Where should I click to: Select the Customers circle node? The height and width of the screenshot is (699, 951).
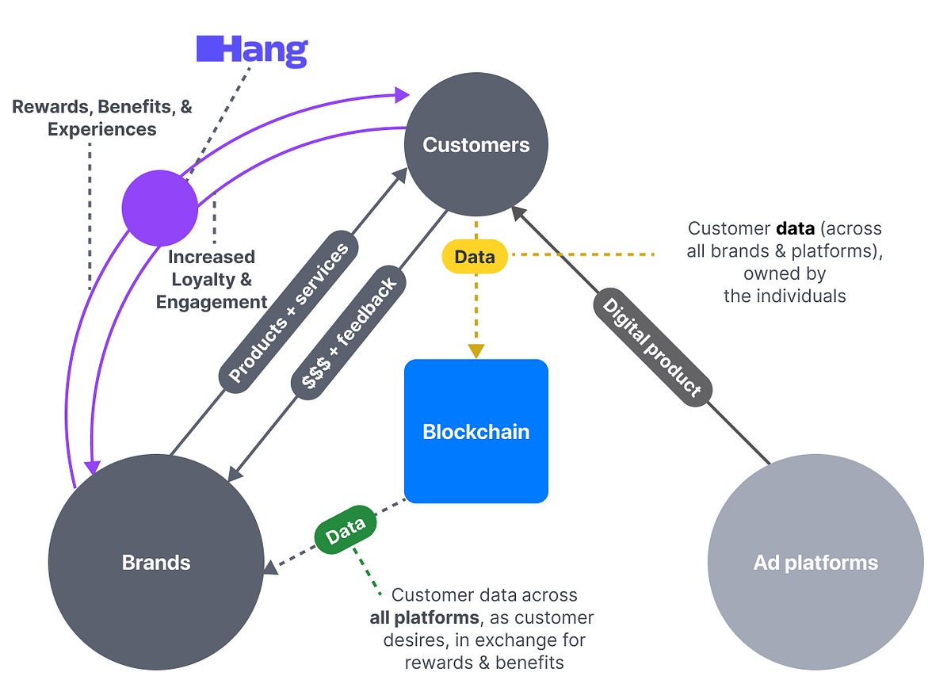pyautogui.click(x=475, y=145)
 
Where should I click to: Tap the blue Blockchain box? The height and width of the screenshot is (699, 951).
pyautogui.click(x=475, y=431)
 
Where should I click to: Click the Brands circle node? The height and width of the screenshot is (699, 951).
pyautogui.click(x=156, y=563)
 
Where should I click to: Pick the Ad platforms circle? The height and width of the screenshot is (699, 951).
pyautogui.click(x=815, y=563)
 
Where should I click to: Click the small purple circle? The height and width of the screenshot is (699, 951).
pyautogui.click(x=159, y=208)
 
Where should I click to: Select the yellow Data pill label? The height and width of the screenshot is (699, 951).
pyautogui.click(x=475, y=256)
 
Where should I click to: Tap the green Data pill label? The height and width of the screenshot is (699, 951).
pyautogui.click(x=346, y=529)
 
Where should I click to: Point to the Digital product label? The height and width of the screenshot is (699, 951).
pyautogui.click(x=651, y=346)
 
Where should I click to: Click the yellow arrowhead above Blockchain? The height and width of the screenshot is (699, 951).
pyautogui.click(x=475, y=351)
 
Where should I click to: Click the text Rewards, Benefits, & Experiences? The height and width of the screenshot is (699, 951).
pyautogui.click(x=102, y=117)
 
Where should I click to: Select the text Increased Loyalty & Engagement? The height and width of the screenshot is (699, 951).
pyautogui.click(x=212, y=279)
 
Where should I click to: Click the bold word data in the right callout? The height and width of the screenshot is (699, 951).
pyautogui.click(x=796, y=229)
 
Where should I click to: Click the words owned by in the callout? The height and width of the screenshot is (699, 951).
pyautogui.click(x=784, y=274)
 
